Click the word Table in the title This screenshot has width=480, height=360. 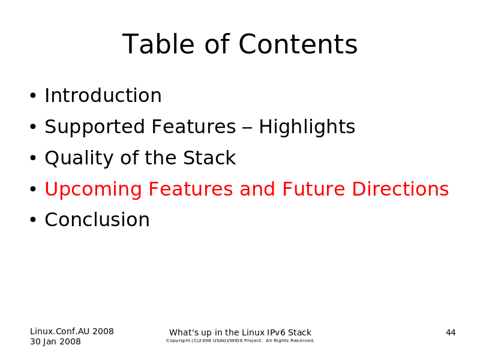pyautogui.click(x=158, y=44)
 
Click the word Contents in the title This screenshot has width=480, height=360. pyautogui.click(x=298, y=44)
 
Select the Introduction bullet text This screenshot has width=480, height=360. pyautogui.click(x=103, y=95)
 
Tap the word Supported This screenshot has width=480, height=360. pyautogui.click(x=95, y=127)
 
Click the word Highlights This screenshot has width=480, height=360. pyautogui.click(x=307, y=127)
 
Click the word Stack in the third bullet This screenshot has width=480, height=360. pyautogui.click(x=209, y=158)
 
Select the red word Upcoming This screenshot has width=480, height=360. pyautogui.click(x=94, y=190)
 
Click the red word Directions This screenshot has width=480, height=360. pyautogui.click(x=400, y=189)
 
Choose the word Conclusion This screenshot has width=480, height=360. pyautogui.click(x=97, y=220)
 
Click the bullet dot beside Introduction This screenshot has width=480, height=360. pyautogui.click(x=33, y=96)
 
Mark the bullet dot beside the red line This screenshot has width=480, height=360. pyautogui.click(x=33, y=189)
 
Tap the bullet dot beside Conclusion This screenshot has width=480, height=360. pyautogui.click(x=33, y=220)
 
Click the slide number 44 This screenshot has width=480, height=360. pyautogui.click(x=451, y=333)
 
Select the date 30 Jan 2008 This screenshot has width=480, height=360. pyautogui.click(x=55, y=341)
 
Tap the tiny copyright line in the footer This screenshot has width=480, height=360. pyautogui.click(x=241, y=341)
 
